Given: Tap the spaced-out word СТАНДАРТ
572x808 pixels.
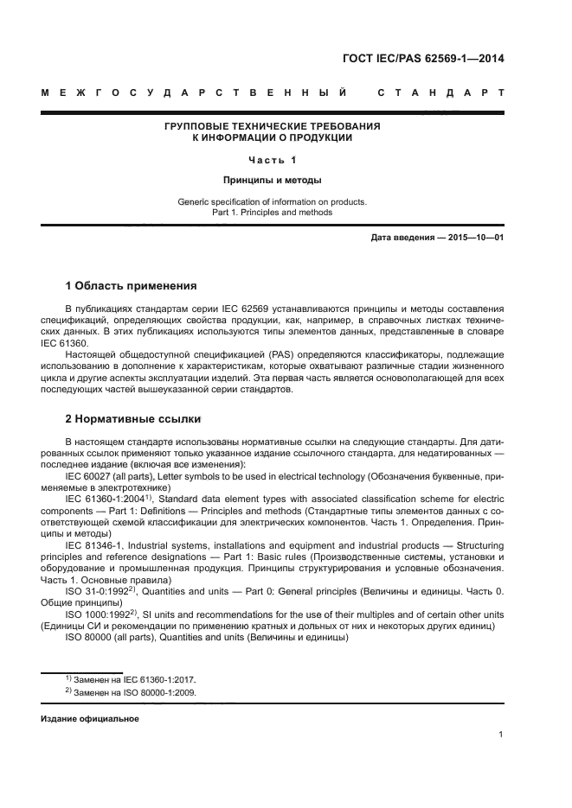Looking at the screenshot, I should [x=440, y=92].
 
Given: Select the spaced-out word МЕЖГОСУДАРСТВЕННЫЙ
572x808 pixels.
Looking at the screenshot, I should [x=196, y=92].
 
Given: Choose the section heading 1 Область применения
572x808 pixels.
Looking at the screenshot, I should [x=132, y=286].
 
